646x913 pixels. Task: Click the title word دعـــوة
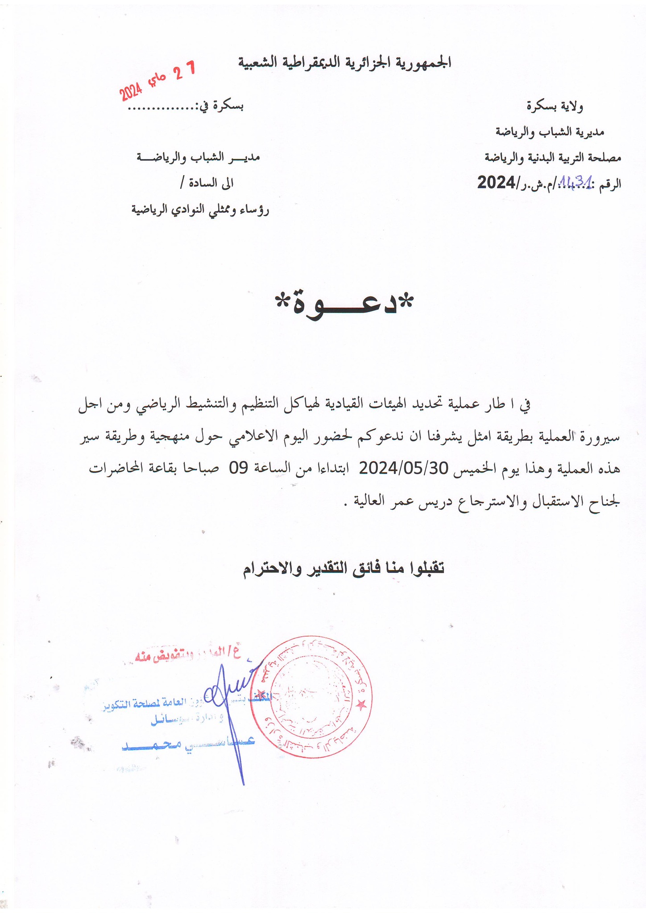[344, 304]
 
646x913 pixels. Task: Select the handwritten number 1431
[575, 181]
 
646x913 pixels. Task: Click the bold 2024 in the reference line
[496, 183]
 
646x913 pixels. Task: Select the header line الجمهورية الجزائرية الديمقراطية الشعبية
[345, 63]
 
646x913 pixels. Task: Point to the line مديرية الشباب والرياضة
[550, 132]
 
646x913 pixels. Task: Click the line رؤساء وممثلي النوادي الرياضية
[200, 209]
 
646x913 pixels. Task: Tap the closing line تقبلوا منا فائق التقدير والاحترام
[344, 568]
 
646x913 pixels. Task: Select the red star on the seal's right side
[361, 704]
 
